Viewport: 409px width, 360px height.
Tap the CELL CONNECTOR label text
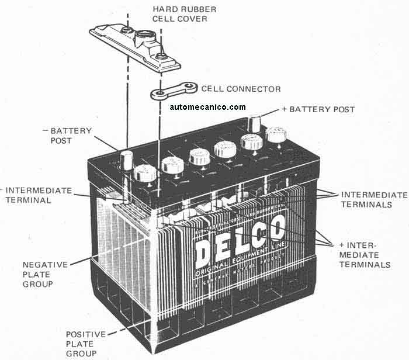[241, 89]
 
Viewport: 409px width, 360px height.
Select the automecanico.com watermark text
[208, 107]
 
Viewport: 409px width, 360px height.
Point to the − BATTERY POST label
[70, 136]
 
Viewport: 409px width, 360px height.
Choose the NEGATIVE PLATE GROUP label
[46, 274]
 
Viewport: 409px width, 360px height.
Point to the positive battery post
[255, 123]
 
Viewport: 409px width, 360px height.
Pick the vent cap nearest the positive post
[276, 134]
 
